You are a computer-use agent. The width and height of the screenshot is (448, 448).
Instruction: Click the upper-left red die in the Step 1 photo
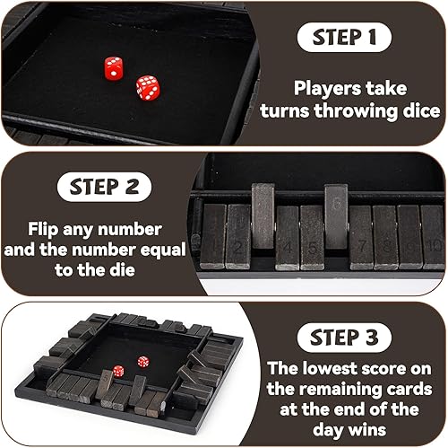(x=113, y=67)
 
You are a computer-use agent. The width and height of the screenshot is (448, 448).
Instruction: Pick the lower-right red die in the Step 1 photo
(x=146, y=87)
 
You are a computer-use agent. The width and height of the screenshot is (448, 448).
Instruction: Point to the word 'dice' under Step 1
(x=418, y=111)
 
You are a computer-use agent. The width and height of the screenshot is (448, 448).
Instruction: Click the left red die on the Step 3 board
(x=118, y=371)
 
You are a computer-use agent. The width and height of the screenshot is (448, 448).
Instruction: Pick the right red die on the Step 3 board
(x=143, y=362)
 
